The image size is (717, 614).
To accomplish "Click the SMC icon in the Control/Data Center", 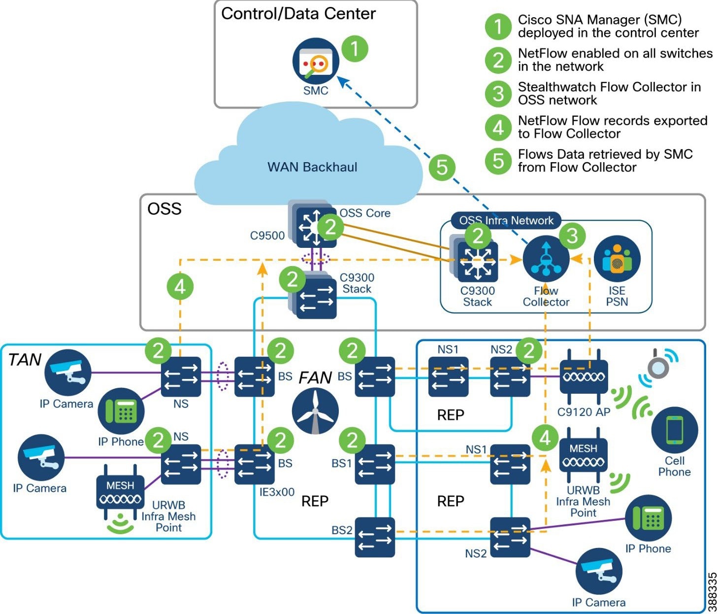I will click(315, 63).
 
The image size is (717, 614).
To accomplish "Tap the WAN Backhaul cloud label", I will click(312, 167).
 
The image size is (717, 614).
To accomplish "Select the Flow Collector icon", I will click(546, 259).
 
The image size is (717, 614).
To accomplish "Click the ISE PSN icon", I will click(617, 259).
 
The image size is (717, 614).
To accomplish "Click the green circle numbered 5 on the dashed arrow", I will click(442, 167).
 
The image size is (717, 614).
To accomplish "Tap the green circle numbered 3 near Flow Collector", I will click(572, 236).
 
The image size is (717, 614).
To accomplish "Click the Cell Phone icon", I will click(674, 430).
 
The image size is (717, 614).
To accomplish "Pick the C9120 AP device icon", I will click(584, 377).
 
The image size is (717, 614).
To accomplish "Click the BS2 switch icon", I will click(375, 537).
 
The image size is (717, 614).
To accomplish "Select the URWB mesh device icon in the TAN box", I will click(120, 493).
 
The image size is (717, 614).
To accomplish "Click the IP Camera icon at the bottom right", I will click(599, 572).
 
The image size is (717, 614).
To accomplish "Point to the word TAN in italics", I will click(25, 360).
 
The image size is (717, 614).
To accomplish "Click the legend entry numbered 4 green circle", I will click(498, 127).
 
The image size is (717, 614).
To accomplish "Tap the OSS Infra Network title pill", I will click(506, 220).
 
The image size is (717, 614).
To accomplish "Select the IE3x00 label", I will click(277, 492).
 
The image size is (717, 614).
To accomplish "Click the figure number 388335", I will click(711, 591).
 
